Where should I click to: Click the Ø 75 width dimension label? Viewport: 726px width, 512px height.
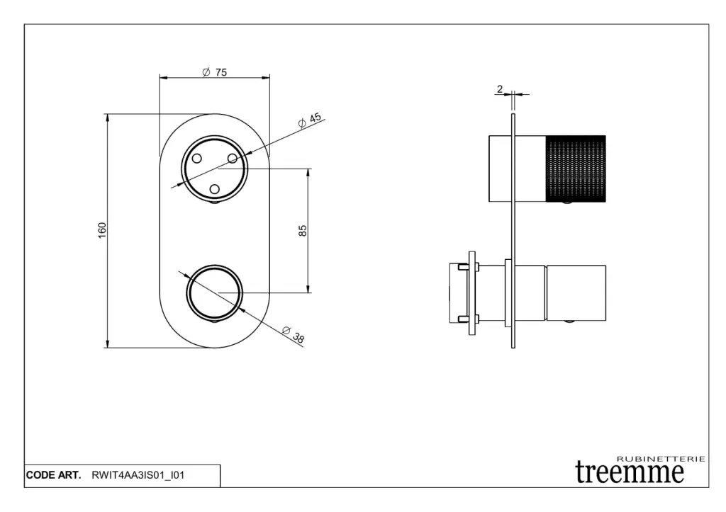point(215,72)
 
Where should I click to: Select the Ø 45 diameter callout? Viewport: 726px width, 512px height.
point(310,120)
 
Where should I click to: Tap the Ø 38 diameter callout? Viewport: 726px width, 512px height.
point(293,334)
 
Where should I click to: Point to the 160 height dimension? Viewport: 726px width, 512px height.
point(102,230)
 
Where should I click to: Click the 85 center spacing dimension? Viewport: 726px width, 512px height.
point(303,230)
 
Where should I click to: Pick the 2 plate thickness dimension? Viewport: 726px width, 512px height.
point(500,89)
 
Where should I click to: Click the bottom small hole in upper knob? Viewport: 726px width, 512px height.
point(214,189)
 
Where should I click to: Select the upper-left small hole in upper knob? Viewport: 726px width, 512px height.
point(197,159)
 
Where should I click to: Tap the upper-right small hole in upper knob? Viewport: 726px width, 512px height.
point(232,159)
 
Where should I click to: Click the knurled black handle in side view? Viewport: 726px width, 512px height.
point(576,169)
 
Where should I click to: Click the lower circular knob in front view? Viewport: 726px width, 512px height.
point(214,292)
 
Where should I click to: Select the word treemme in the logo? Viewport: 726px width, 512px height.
point(630,472)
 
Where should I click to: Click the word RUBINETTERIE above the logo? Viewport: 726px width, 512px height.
point(661,459)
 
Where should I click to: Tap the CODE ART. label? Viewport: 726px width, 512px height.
point(54,475)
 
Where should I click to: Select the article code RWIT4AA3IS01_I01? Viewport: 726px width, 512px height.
point(138,475)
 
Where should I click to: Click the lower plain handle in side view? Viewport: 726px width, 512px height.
point(576,292)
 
